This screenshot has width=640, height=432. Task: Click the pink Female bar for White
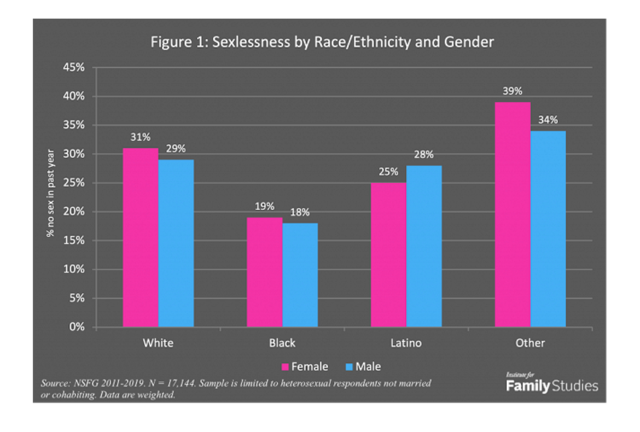(x=141, y=238)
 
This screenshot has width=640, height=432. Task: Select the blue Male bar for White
(x=176, y=243)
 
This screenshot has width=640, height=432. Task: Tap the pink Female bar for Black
(x=264, y=272)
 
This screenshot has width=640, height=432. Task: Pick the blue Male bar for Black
(x=300, y=275)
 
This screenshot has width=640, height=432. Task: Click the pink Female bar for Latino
(x=388, y=255)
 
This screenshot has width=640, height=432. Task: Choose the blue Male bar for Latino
(x=424, y=246)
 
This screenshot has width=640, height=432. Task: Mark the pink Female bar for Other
(x=513, y=214)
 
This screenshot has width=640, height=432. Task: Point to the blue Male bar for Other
(x=548, y=229)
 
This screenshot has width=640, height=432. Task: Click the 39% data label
(x=513, y=91)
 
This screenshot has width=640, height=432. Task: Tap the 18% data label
(x=300, y=212)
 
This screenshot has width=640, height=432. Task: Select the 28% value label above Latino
(x=424, y=155)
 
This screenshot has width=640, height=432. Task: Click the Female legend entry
(x=305, y=366)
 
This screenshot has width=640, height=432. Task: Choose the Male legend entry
(x=363, y=366)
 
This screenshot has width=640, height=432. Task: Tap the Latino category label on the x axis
(x=406, y=343)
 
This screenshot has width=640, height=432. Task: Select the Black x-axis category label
(x=282, y=343)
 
